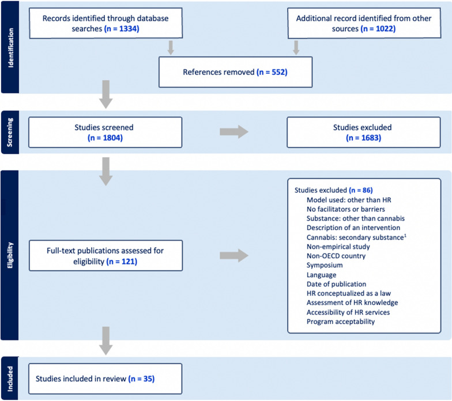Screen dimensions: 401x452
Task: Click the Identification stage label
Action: tap(10, 47)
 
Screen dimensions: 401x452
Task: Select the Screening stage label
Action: tap(10, 132)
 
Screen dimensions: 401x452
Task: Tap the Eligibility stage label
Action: tap(10, 255)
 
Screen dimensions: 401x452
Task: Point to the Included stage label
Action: tap(10, 379)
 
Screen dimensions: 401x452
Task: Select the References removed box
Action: tap(235, 72)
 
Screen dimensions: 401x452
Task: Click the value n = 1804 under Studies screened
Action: tap(106, 138)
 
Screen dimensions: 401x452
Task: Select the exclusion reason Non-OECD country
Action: tap(336, 255)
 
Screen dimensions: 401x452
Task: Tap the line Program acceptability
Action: tap(341, 321)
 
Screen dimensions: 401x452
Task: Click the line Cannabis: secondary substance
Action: tap(353, 237)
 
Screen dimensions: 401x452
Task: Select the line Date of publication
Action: tap(337, 283)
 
